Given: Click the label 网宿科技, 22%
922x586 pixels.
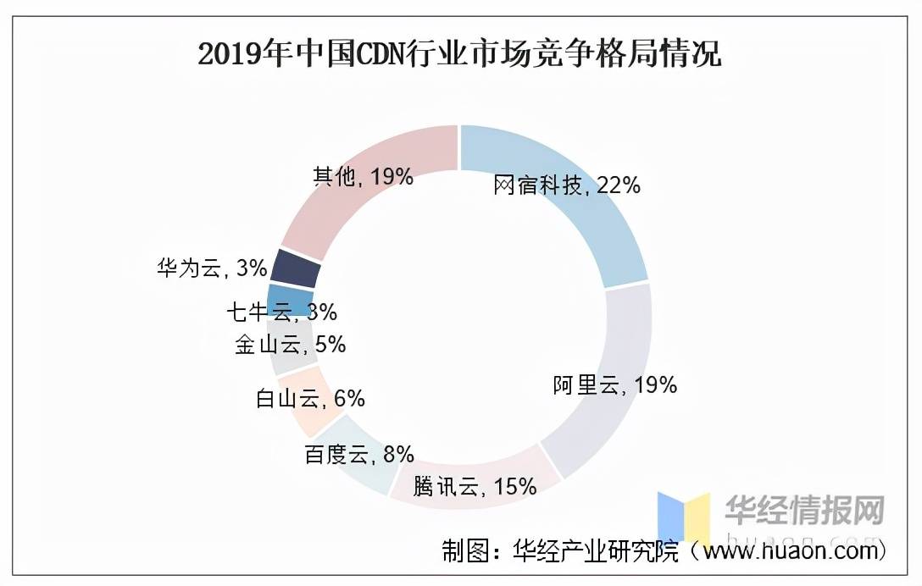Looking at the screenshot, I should coord(567,185).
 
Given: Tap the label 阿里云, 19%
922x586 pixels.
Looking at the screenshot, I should coord(615,385).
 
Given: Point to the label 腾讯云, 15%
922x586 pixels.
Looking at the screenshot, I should coord(475,487).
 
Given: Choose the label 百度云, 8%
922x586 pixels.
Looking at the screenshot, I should coord(359,455).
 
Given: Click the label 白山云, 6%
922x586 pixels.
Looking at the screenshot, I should coord(310,398).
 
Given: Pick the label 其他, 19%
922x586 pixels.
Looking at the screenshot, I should coord(363,176).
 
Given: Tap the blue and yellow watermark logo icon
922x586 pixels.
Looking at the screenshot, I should coord(683,517).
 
